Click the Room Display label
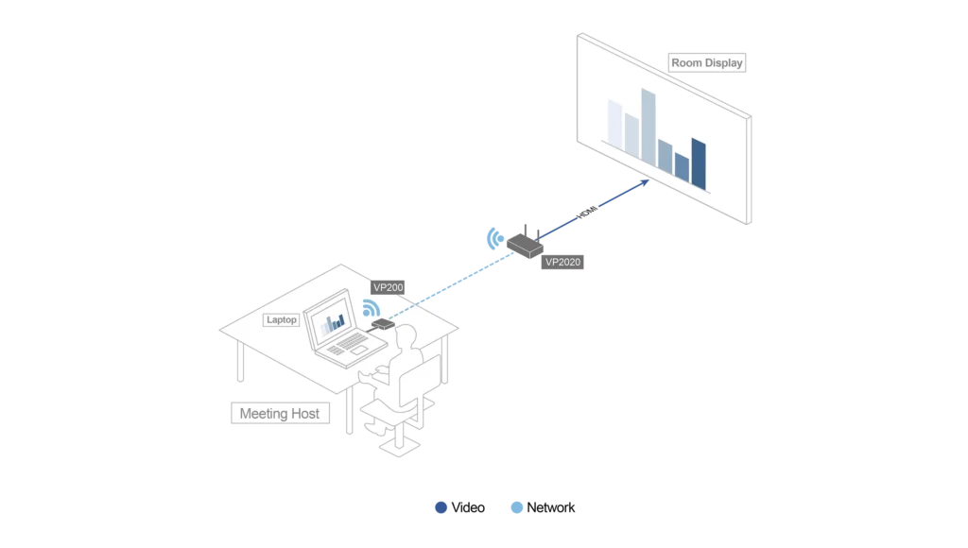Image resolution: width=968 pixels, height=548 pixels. [707, 63]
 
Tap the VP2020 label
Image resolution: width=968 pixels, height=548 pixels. [562, 263]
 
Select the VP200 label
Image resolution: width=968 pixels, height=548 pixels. [388, 287]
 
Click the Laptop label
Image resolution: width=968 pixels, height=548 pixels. [282, 319]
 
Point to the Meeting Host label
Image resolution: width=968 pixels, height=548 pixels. [280, 414]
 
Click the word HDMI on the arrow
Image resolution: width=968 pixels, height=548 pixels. [587, 212]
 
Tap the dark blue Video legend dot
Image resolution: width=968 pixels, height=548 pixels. [441, 507]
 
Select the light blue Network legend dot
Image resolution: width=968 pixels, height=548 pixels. [517, 507]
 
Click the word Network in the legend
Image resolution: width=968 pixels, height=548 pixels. [551, 507]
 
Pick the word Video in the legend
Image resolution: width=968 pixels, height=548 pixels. [468, 507]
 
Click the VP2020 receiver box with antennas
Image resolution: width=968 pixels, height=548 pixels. [526, 245]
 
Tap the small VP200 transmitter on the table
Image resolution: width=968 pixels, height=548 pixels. [384, 324]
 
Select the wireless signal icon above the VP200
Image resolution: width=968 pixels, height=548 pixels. [372, 307]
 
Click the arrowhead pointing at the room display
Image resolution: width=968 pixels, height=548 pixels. [645, 182]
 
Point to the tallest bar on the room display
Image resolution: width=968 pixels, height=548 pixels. [648, 128]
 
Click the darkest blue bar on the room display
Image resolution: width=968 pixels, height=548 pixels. [699, 163]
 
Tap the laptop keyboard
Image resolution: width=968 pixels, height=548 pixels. [350, 343]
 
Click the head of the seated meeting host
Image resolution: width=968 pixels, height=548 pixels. [406, 337]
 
